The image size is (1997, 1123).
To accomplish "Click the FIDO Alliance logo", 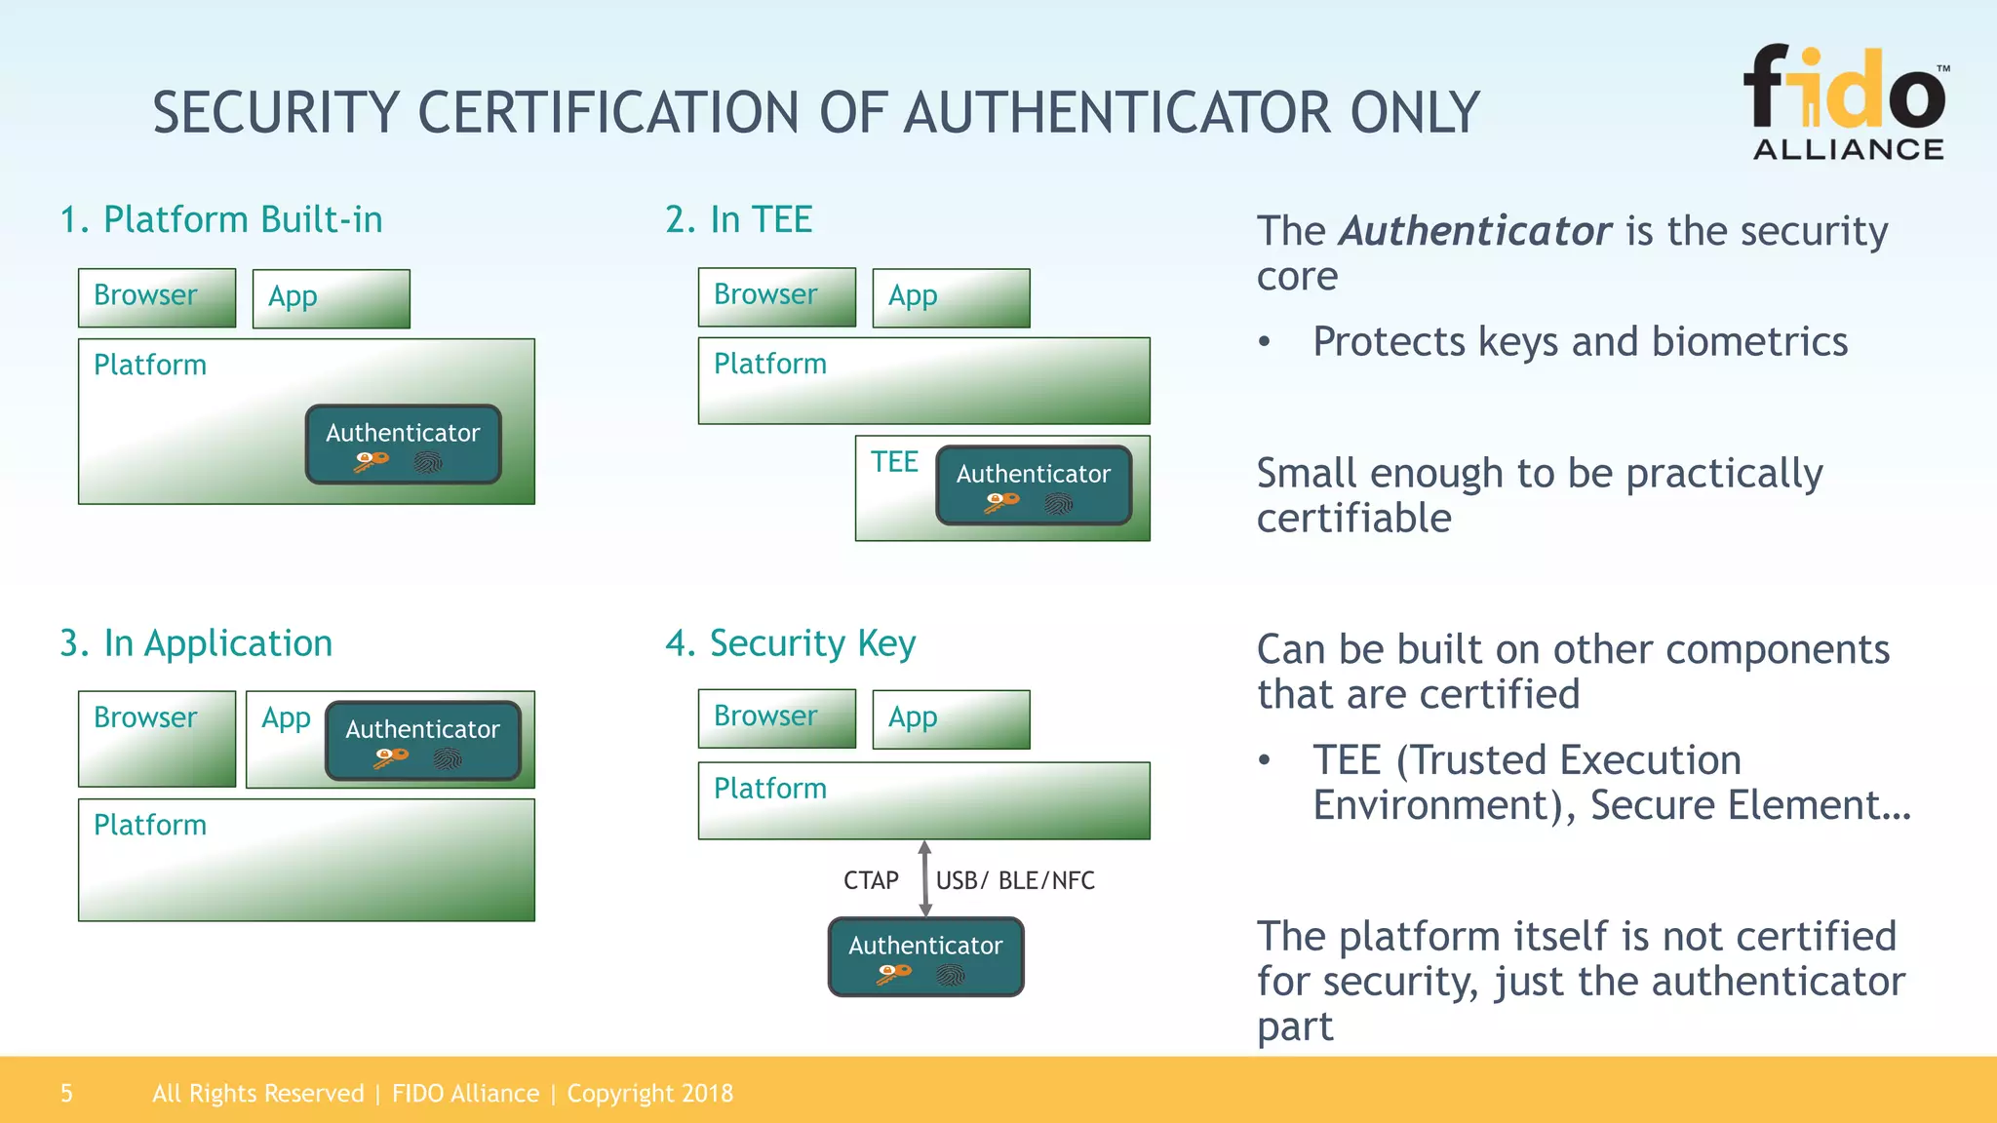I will (1846, 102).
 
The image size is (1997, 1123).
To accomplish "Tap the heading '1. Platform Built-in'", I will (221, 219).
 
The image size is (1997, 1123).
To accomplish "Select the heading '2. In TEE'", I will (738, 219).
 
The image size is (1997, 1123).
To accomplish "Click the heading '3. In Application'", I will (196, 643).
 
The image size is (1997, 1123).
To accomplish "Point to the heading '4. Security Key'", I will (790, 643).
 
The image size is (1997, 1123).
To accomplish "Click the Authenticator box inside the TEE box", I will (1034, 485).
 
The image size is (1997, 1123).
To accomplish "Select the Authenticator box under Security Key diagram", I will (925, 956).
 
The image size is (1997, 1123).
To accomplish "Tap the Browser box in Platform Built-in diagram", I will (156, 297).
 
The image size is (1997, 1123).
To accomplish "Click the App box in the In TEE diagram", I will (951, 297).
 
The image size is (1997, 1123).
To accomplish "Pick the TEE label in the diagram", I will (894, 461).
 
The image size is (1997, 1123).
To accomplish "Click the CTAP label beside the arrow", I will (871, 880).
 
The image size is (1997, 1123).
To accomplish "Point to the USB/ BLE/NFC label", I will (1015, 880).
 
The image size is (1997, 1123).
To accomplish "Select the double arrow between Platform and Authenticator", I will (925, 878).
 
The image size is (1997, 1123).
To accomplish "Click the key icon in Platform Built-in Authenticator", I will (372, 462).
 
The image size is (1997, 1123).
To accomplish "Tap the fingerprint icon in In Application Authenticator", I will (448, 758).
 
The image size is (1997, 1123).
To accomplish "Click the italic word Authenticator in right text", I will (1474, 231).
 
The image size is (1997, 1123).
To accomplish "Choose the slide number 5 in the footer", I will (66, 1093).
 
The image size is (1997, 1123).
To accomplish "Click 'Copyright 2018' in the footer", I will (649, 1093).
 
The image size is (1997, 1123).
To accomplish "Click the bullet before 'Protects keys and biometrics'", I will (1265, 342).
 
